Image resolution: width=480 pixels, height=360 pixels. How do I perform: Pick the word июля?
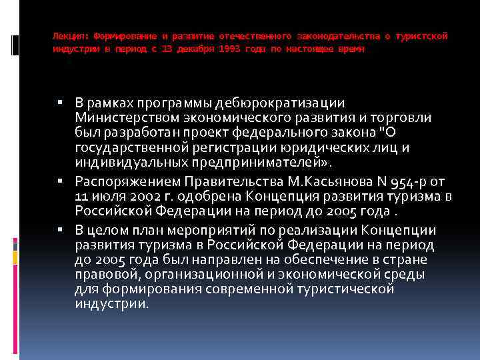click(103, 196)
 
